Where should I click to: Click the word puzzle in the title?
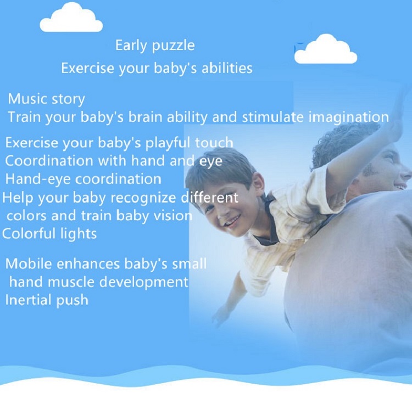pyautogui.click(x=174, y=46)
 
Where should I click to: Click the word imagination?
pyautogui.click(x=348, y=117)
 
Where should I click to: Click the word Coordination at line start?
pyautogui.click(x=49, y=161)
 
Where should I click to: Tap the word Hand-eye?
pyautogui.click(x=38, y=179)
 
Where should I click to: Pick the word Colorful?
pyautogui.click(x=29, y=233)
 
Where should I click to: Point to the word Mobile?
pyautogui.click(x=29, y=263)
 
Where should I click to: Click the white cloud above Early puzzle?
pyautogui.click(x=71, y=18)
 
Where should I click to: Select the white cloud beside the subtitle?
pyautogui.click(x=326, y=49)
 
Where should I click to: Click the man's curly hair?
pyautogui.click(x=344, y=142)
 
